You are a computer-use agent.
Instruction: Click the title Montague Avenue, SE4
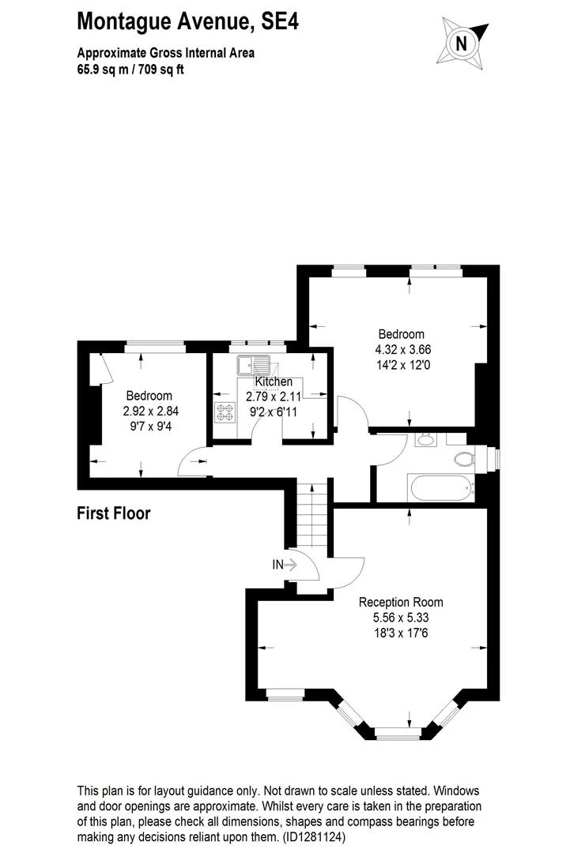coord(187,21)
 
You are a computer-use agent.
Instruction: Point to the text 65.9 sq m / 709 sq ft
coord(130,69)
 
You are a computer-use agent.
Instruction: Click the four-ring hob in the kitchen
coord(224,411)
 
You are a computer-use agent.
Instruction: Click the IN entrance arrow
coord(284,564)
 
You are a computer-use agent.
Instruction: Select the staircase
coord(313,517)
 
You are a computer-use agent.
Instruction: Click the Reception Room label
coord(401,602)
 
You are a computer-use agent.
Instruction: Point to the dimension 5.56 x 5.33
coord(401,618)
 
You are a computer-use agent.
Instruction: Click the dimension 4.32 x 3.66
coord(402,349)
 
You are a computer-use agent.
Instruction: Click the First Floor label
coord(113,513)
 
